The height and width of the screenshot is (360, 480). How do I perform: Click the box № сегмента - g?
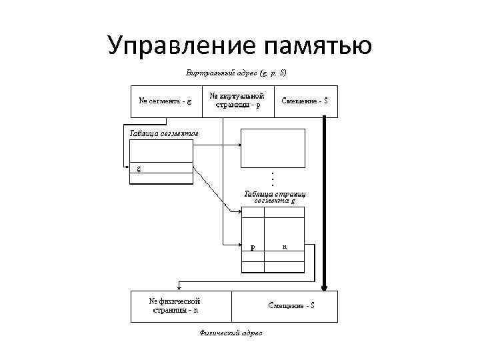pos(165,101)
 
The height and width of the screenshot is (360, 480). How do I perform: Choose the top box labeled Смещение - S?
pos(305,101)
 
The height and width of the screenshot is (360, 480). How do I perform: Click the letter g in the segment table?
pos(139,168)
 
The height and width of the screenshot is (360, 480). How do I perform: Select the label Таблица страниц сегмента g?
pos(274,197)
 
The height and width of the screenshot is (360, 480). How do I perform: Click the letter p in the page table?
pos(252,247)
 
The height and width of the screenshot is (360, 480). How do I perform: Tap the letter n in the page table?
pos(285,246)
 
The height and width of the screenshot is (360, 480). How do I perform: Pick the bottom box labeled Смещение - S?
pos(291,305)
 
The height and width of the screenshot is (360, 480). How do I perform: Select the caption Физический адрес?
pos(231,332)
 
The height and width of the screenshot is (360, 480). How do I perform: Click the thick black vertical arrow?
pos(324,200)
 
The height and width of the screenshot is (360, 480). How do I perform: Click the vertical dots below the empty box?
pos(273,178)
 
